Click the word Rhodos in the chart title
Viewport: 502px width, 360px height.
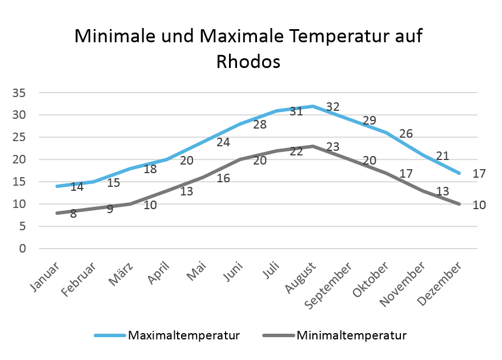[x=248, y=61]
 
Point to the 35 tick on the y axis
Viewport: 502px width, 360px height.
[x=19, y=93]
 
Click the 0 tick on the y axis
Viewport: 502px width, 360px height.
[x=23, y=249]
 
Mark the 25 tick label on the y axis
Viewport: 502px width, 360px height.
[x=19, y=137]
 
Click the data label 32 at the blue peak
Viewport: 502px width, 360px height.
[x=333, y=107]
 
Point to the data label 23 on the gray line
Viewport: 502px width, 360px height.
[x=333, y=147]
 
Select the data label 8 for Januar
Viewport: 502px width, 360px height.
[x=74, y=214]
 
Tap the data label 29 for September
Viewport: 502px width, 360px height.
[x=369, y=121]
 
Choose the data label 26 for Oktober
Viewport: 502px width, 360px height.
[x=405, y=134]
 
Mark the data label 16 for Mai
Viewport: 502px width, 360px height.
[x=223, y=178]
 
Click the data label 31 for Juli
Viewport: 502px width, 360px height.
[x=296, y=111]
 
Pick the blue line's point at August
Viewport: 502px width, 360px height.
[x=313, y=106]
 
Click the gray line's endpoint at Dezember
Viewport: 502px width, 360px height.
[x=460, y=204]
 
